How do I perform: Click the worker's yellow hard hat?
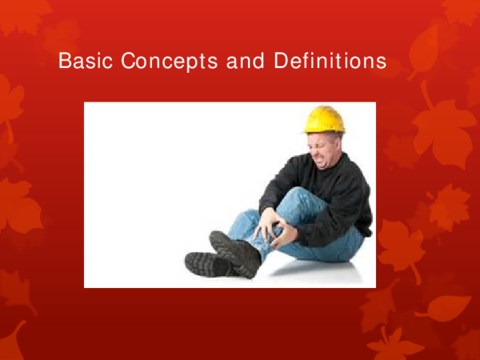pos(324,118)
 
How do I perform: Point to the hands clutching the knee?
pos(272,227)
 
